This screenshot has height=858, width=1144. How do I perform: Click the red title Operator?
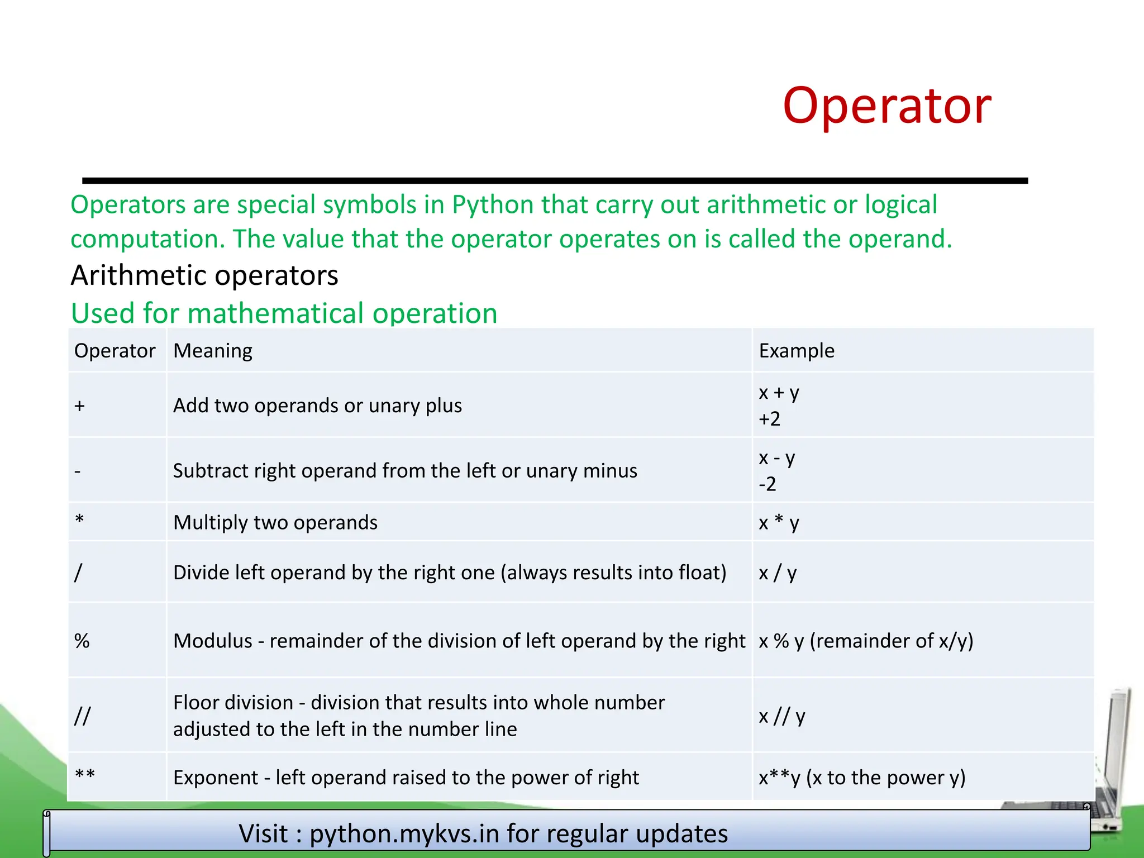(x=886, y=106)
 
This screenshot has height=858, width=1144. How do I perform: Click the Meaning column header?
(x=213, y=351)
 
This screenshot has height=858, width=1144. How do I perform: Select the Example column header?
(x=796, y=351)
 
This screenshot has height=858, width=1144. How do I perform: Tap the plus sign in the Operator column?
(x=79, y=406)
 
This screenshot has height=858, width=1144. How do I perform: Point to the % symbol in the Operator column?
(x=82, y=641)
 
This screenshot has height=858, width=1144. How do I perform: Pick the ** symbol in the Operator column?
(x=85, y=775)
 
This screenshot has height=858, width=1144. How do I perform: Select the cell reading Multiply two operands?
(x=275, y=522)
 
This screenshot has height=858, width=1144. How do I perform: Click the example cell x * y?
(x=779, y=523)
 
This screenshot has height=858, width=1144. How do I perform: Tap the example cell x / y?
(x=778, y=573)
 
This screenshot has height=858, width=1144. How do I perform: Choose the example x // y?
(x=781, y=716)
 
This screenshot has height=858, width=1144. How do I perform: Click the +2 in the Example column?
(x=769, y=419)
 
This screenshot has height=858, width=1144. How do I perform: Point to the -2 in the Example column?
(x=767, y=484)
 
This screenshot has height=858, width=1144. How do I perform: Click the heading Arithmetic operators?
(x=204, y=275)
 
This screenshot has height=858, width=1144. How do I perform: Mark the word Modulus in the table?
(x=213, y=641)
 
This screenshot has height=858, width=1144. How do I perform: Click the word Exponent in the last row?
(x=216, y=778)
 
